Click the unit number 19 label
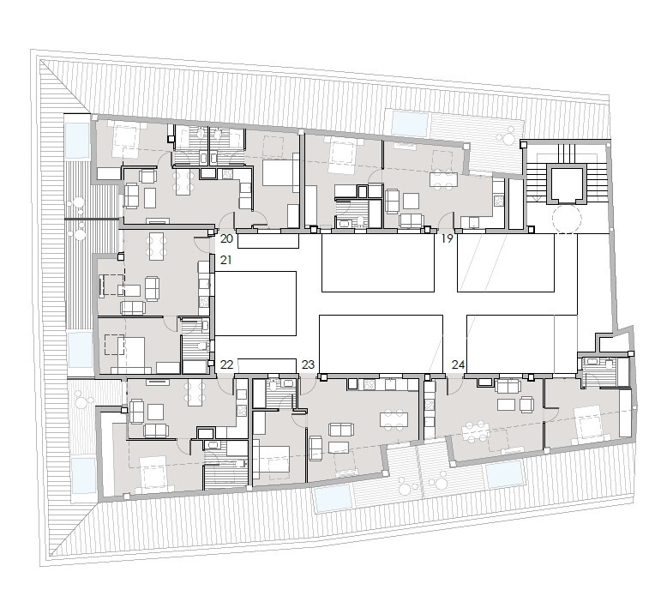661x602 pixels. (x=447, y=238)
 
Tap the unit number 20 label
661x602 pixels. (x=226, y=238)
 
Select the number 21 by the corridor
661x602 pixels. (x=226, y=260)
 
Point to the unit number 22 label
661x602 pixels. (x=226, y=364)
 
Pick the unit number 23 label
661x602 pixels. (x=308, y=364)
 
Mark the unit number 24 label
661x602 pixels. (x=458, y=364)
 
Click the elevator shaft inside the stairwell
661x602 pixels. (x=566, y=184)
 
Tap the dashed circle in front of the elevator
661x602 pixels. (x=566, y=219)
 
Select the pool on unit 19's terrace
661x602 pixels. (x=410, y=123)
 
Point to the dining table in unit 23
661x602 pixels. (x=394, y=420)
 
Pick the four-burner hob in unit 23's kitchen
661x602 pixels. (x=370, y=384)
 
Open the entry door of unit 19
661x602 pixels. (x=447, y=221)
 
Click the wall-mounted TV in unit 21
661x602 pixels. (x=101, y=286)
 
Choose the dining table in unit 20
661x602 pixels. (x=183, y=181)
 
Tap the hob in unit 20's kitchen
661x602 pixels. (x=227, y=173)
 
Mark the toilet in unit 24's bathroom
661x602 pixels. (x=610, y=364)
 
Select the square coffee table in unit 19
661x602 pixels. (x=411, y=201)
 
